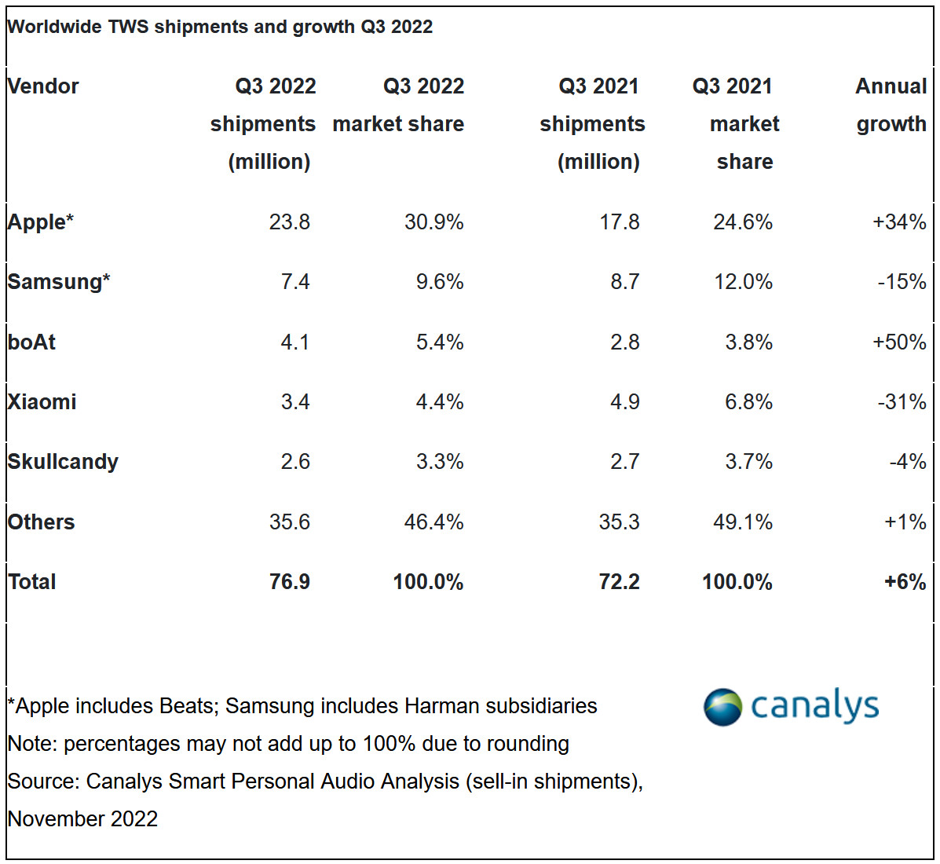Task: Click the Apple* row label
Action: (x=40, y=222)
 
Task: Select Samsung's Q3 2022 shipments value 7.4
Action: (x=295, y=282)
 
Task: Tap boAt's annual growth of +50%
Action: (x=899, y=342)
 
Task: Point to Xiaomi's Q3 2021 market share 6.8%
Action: (x=748, y=402)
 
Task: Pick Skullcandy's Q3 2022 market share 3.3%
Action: (x=440, y=462)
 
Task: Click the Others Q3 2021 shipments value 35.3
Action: (x=619, y=522)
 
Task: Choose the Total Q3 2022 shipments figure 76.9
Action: (x=289, y=582)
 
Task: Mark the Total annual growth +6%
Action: (x=905, y=582)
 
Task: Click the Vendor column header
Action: (x=43, y=86)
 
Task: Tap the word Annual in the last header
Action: (x=891, y=86)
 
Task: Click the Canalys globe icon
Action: (x=722, y=706)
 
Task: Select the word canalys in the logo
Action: (x=814, y=706)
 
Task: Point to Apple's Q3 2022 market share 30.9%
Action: (x=433, y=222)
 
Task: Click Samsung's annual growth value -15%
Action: (x=902, y=282)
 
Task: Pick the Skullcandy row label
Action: (x=63, y=462)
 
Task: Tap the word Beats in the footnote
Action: (x=187, y=706)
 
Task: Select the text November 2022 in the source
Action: (x=82, y=819)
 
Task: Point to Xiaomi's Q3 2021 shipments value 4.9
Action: (x=624, y=402)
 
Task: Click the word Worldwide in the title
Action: (x=54, y=27)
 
